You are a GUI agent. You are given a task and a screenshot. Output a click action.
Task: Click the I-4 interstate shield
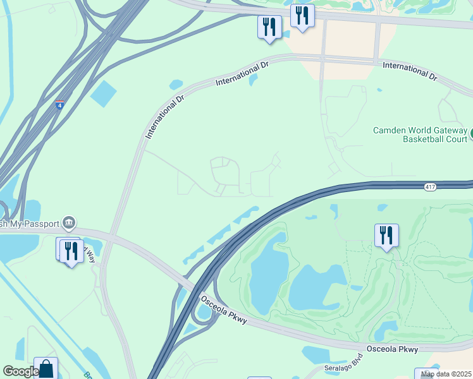coord(59,105)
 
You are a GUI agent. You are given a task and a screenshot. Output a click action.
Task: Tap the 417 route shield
coord(429,187)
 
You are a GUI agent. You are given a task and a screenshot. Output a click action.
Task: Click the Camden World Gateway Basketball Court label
coord(420,135)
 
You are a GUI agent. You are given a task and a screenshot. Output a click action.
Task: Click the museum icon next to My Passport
coord(69,222)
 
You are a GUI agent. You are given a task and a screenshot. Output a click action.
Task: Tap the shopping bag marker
coord(46,369)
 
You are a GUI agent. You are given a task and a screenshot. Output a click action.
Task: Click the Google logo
coord(20,372)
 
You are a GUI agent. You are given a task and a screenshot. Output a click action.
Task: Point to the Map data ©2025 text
coord(445,374)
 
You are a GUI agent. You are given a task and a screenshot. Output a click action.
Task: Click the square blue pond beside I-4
coord(104,93)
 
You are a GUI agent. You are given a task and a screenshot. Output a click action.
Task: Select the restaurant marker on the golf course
coord(386,236)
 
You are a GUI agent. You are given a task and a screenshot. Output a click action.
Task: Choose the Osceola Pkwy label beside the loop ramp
coord(223,312)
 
